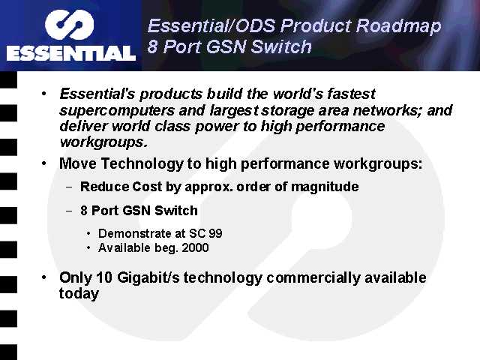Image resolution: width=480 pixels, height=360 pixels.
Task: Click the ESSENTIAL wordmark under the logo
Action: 71,53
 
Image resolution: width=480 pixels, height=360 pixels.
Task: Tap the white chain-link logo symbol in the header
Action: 69,25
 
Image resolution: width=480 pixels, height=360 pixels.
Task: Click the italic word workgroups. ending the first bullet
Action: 103,142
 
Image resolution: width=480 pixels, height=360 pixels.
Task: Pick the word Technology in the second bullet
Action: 142,163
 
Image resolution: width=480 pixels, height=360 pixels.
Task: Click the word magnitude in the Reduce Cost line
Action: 325,187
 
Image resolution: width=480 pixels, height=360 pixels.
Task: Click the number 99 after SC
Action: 215,233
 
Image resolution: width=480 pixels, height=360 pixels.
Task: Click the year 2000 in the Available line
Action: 195,247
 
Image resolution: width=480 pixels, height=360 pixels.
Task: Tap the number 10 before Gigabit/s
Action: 104,277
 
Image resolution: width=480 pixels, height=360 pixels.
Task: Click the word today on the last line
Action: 79,294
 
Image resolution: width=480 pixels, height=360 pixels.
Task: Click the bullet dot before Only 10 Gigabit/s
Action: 44,277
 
